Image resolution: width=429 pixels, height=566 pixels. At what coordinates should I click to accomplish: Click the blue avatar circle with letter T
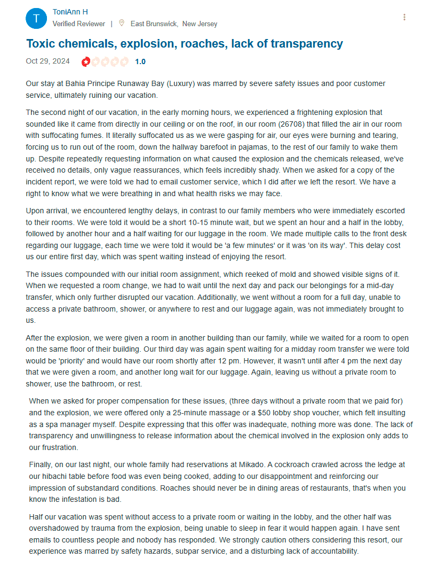pyautogui.click(x=36, y=19)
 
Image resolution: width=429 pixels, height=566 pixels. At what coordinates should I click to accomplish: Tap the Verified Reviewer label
pyautogui.click(x=79, y=24)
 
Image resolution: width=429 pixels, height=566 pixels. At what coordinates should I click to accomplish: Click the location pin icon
pyautogui.click(x=122, y=23)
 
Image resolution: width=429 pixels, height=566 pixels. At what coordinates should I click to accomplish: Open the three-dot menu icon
pyautogui.click(x=404, y=17)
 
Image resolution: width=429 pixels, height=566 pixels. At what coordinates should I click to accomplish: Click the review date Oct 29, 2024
pyautogui.click(x=47, y=61)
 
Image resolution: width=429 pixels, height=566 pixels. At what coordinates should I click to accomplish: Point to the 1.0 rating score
pyautogui.click(x=140, y=61)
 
